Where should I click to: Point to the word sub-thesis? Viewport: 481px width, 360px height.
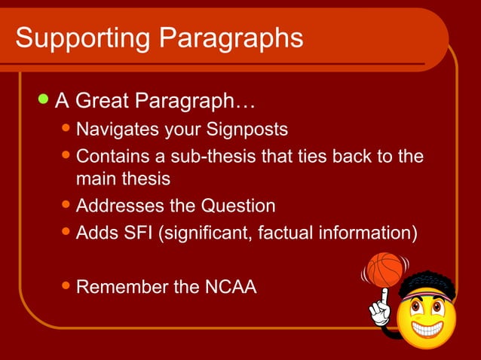coord(208,157)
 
